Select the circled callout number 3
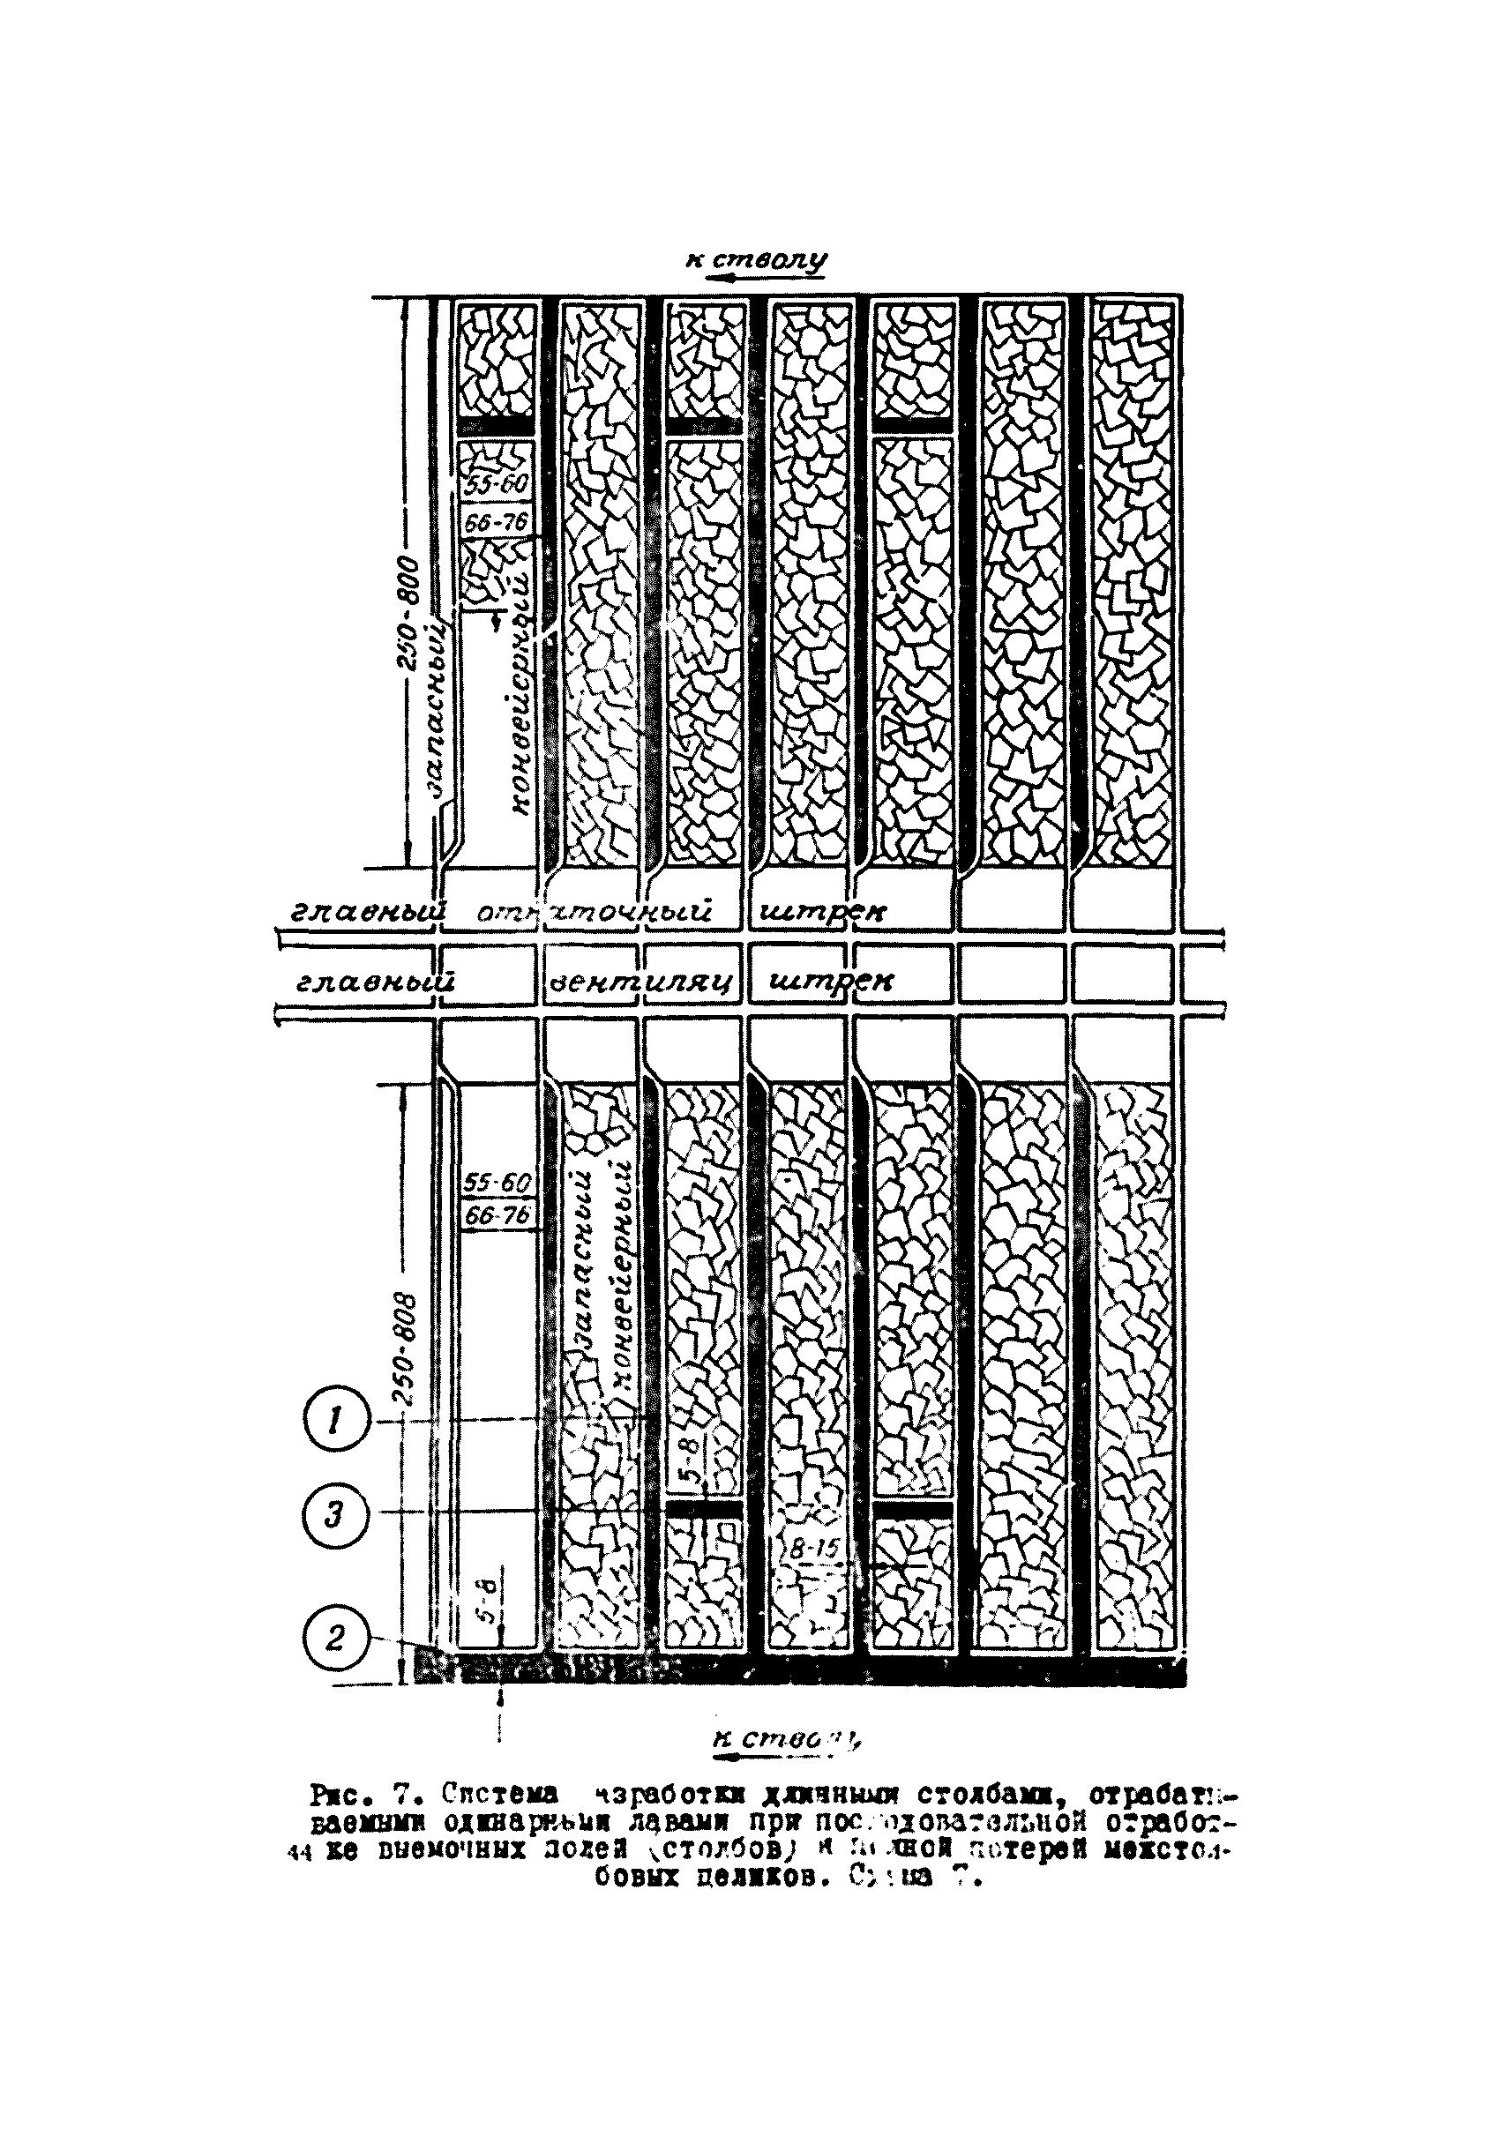(337, 1542)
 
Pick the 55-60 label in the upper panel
(497, 485)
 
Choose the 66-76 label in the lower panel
(497, 1216)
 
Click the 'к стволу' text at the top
(755, 258)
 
